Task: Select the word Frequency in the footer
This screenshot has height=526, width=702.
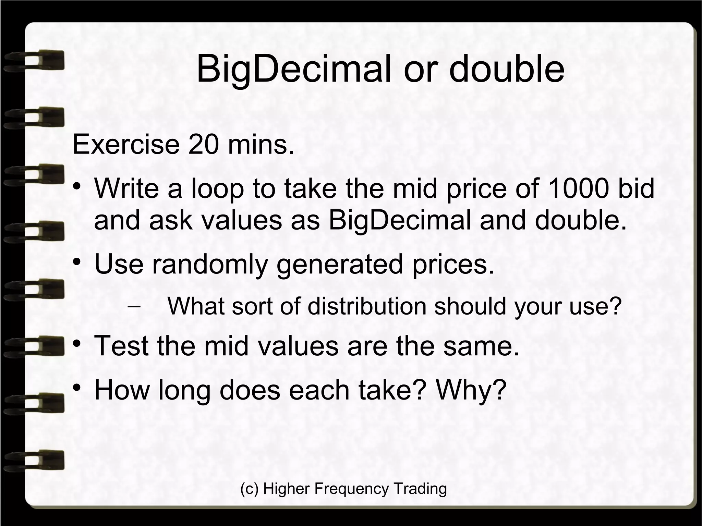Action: click(351, 488)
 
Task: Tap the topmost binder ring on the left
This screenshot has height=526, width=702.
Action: click(34, 61)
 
